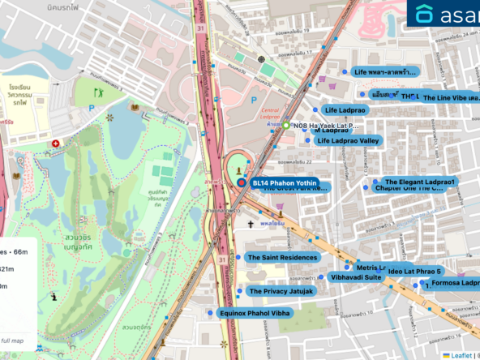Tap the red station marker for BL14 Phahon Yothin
242,183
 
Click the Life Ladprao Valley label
347,141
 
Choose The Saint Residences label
282,258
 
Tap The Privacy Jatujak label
281,291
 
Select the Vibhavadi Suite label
355,277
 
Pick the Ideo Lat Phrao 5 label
414,271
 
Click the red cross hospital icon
55,144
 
